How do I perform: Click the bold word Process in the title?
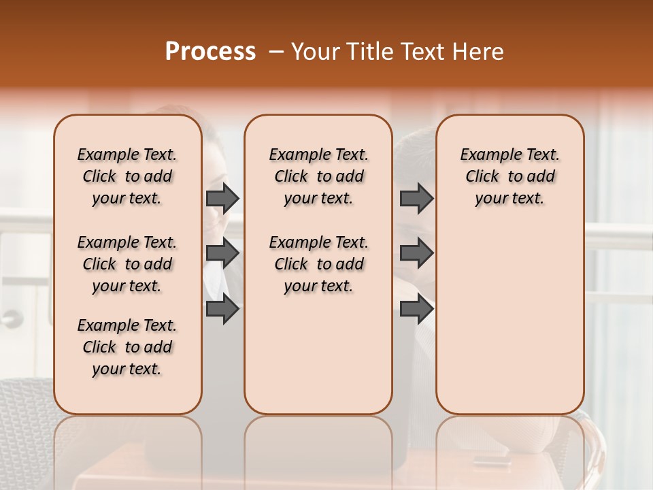point(210,52)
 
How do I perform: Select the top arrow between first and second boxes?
point(222,198)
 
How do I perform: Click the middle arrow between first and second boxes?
point(222,253)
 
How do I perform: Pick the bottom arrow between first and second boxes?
point(222,309)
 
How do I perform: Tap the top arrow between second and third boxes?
point(416,198)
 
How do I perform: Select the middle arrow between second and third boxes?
point(416,253)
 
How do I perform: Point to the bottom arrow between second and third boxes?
point(416,309)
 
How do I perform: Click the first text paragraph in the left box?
point(127,176)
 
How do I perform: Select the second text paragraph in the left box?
point(127,264)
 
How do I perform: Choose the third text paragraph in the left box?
point(127,347)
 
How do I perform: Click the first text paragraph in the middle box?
point(319,176)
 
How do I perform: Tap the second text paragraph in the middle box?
point(319,264)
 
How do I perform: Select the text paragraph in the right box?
point(510,176)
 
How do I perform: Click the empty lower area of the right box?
point(510,320)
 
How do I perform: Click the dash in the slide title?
point(276,52)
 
